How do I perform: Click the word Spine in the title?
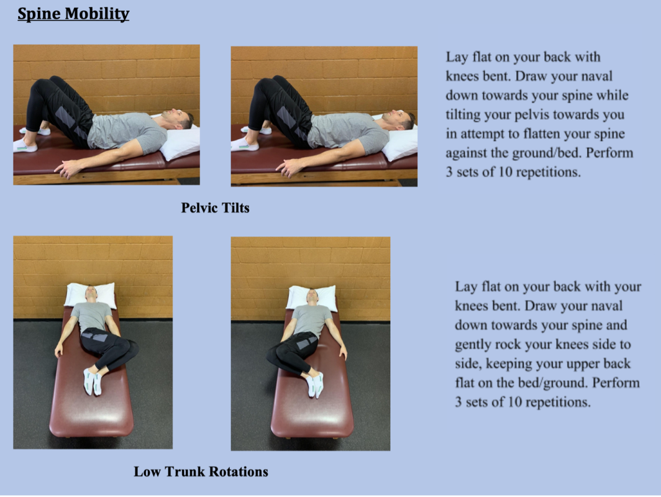pos(37,14)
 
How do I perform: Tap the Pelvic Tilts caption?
pos(215,207)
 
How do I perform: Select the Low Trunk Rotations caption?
pos(201,472)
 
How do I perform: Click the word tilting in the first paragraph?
pos(465,115)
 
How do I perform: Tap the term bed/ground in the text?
pos(538,383)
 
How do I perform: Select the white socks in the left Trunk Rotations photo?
pos(91,381)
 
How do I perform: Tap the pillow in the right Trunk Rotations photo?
pos(311,297)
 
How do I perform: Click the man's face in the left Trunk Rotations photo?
pos(91,293)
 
